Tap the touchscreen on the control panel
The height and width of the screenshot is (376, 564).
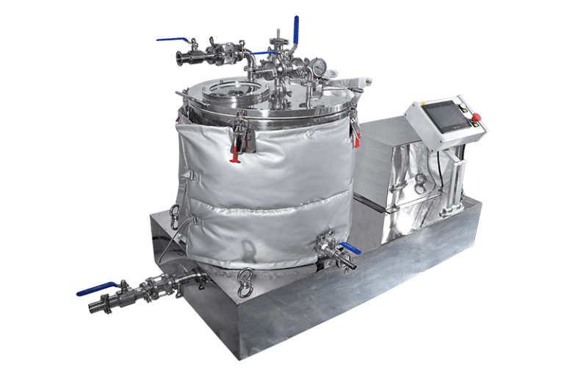pyautogui.click(x=443, y=120)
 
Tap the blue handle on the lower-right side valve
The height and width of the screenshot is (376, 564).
pyautogui.click(x=350, y=250)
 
